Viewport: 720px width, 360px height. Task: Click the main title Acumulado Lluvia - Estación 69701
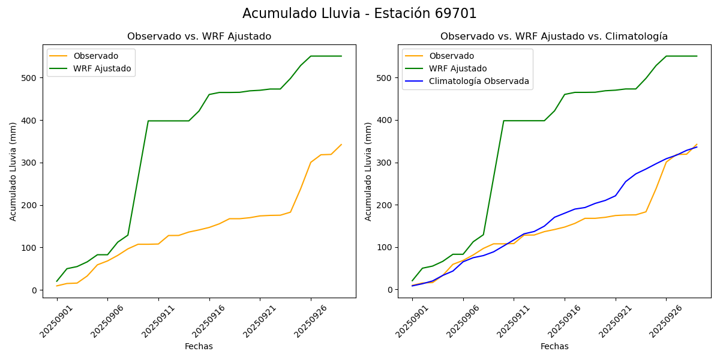tap(359, 14)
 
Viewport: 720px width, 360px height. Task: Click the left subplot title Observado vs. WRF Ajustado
tap(199, 37)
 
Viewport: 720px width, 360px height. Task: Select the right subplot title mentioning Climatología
tap(554, 37)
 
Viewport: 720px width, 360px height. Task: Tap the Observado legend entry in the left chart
tap(95, 56)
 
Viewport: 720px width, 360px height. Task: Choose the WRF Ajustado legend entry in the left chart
tap(102, 68)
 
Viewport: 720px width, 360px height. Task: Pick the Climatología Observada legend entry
tap(479, 81)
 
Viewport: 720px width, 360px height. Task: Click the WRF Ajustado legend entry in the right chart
tap(458, 68)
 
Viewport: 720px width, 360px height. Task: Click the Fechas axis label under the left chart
tap(199, 346)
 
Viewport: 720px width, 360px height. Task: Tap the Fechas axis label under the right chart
tap(554, 346)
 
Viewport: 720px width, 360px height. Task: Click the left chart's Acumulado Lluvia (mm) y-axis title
tap(13, 171)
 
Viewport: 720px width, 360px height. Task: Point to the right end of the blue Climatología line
tap(697, 147)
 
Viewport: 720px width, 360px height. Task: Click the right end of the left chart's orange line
tap(341, 144)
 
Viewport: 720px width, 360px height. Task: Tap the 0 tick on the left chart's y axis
tap(34, 290)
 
